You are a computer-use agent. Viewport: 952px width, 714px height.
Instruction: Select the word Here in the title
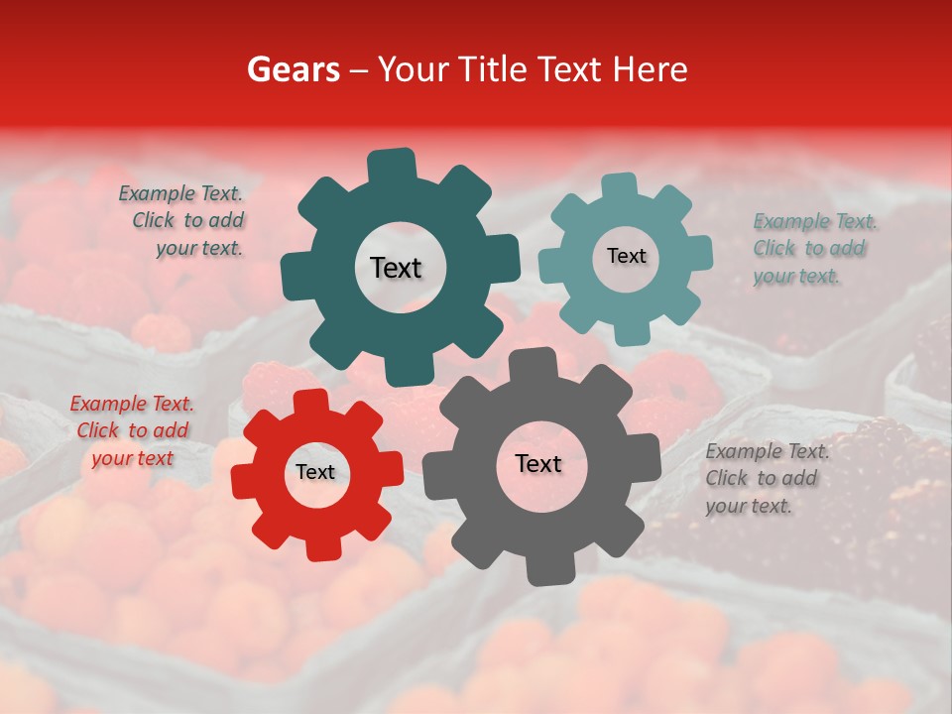point(650,69)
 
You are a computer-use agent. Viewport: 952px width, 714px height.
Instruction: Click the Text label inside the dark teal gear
point(396,268)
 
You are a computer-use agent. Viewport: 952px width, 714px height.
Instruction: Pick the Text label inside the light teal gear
point(626,256)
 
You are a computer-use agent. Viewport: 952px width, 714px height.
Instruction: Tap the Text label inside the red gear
point(315,473)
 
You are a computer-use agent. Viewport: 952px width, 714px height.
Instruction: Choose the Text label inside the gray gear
point(538,464)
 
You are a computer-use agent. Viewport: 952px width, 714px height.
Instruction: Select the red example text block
point(132,431)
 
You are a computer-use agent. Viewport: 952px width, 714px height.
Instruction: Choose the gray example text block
point(766,478)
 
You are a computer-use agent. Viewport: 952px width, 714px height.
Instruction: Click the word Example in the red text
point(104,404)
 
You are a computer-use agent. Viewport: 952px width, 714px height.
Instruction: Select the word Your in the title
point(415,69)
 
